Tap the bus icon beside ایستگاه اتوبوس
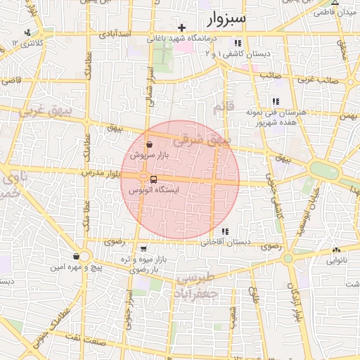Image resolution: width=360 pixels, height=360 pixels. pyautogui.click(x=153, y=179)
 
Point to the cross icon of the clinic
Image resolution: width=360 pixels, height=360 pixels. pyautogui.click(x=182, y=27)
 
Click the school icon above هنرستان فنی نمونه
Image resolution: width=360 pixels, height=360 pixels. pyautogui.click(x=276, y=101)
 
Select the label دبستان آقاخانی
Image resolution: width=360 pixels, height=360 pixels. pyautogui.click(x=226, y=243)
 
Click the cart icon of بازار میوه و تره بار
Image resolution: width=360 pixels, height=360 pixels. pyautogui.click(x=143, y=248)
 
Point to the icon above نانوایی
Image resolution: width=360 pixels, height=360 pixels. pyautogui.click(x=335, y=250)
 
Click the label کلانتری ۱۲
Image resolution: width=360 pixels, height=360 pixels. pyautogui.click(x=27, y=44)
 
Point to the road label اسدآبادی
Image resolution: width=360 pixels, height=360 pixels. pyautogui.click(x=113, y=33)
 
